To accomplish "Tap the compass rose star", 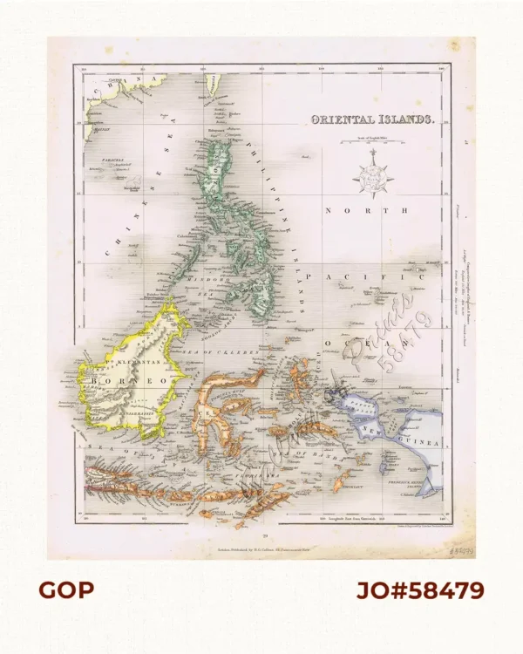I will tap(372, 174).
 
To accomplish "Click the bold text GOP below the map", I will tap(65, 590).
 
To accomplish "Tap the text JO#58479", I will tap(420, 590).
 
